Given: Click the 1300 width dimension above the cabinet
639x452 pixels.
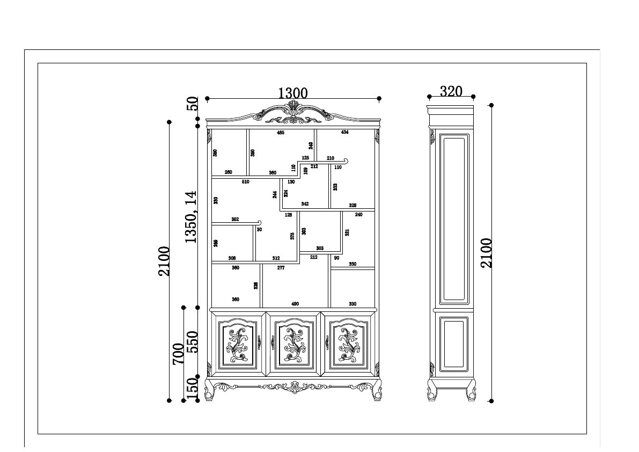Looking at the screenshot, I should (293, 93).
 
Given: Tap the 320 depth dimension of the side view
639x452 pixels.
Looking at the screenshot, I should (451, 91).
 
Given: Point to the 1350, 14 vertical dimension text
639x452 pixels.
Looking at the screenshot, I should (191, 217).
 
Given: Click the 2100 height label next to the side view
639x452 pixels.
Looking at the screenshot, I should (486, 253).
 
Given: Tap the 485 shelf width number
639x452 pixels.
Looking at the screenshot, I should (280, 133).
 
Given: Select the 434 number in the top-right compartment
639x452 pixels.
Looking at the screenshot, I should (344, 132).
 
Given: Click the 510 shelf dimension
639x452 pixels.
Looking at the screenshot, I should (245, 182).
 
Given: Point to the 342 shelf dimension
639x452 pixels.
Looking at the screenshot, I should (305, 204).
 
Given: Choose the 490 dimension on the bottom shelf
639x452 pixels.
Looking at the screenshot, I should (295, 304).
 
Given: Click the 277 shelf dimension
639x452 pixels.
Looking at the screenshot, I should (281, 267).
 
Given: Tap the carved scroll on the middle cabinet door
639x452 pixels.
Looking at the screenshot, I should (293, 345).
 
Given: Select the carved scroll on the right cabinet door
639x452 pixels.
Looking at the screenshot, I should (348, 345).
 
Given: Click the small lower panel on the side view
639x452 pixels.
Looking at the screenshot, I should (453, 344).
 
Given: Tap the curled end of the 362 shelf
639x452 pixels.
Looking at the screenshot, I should (259, 222).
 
